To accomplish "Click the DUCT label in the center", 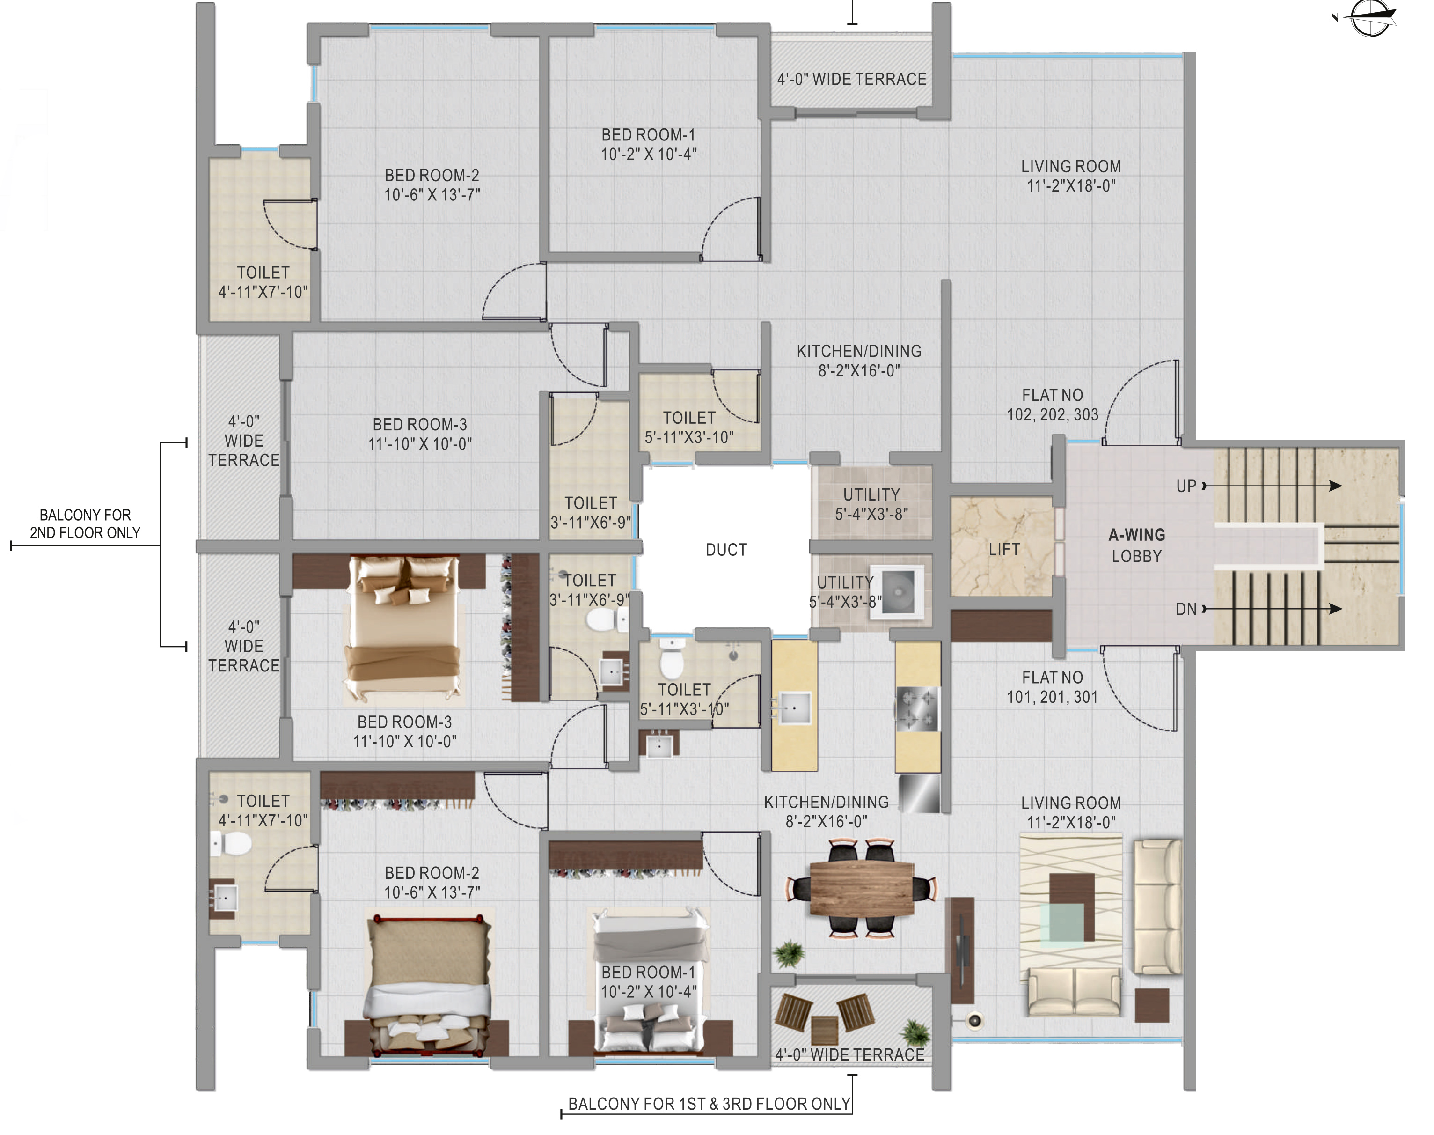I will click(726, 550).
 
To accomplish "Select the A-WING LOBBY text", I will click(1136, 545).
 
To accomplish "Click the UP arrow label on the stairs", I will click(1186, 486).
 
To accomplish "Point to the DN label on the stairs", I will click(1186, 609).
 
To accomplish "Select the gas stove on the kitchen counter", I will click(917, 709).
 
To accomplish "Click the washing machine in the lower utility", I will click(897, 591).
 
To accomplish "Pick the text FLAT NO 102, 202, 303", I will click(1052, 405).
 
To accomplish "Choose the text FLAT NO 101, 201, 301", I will click(1052, 687).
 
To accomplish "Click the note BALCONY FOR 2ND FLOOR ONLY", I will click(85, 523).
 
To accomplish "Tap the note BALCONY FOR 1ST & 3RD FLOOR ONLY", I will click(709, 1104).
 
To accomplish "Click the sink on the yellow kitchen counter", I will click(794, 708).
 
